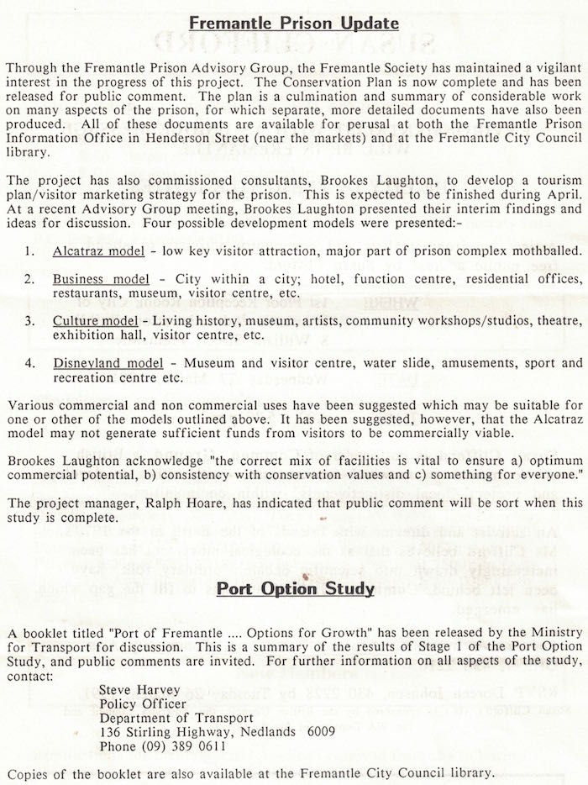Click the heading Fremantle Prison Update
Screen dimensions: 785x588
[294, 23]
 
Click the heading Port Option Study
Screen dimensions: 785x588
[295, 587]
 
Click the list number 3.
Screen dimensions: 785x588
[29, 321]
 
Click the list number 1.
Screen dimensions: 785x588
[29, 251]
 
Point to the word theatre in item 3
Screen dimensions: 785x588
[558, 321]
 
